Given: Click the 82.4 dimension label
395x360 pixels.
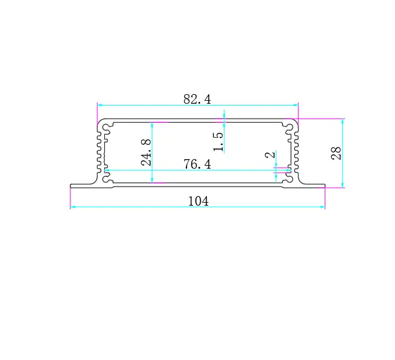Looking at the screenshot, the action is pos(197,99).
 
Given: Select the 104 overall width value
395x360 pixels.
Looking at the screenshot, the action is pos(198,201).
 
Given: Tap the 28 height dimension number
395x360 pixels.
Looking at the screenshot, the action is pos(336,153).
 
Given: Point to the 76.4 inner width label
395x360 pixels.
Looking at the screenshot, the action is pos(197,164).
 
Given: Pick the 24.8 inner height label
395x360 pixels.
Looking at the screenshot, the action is pos(146,152).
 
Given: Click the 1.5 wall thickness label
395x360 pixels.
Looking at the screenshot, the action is pos(218,142).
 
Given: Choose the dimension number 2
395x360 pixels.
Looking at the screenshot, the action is pos(270,154).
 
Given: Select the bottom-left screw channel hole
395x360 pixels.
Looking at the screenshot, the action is pos(106,179).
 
